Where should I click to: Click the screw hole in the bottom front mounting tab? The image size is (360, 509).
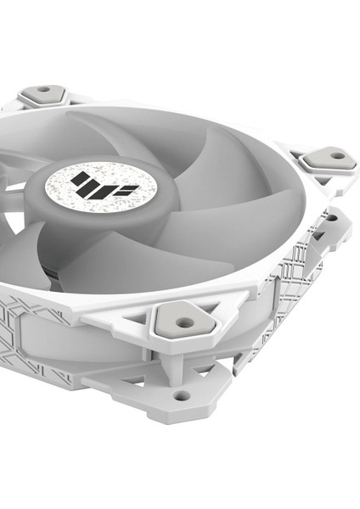click(x=181, y=395)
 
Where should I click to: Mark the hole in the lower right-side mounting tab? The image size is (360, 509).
click(x=332, y=218)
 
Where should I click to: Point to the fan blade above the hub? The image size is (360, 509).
click(x=127, y=127)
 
